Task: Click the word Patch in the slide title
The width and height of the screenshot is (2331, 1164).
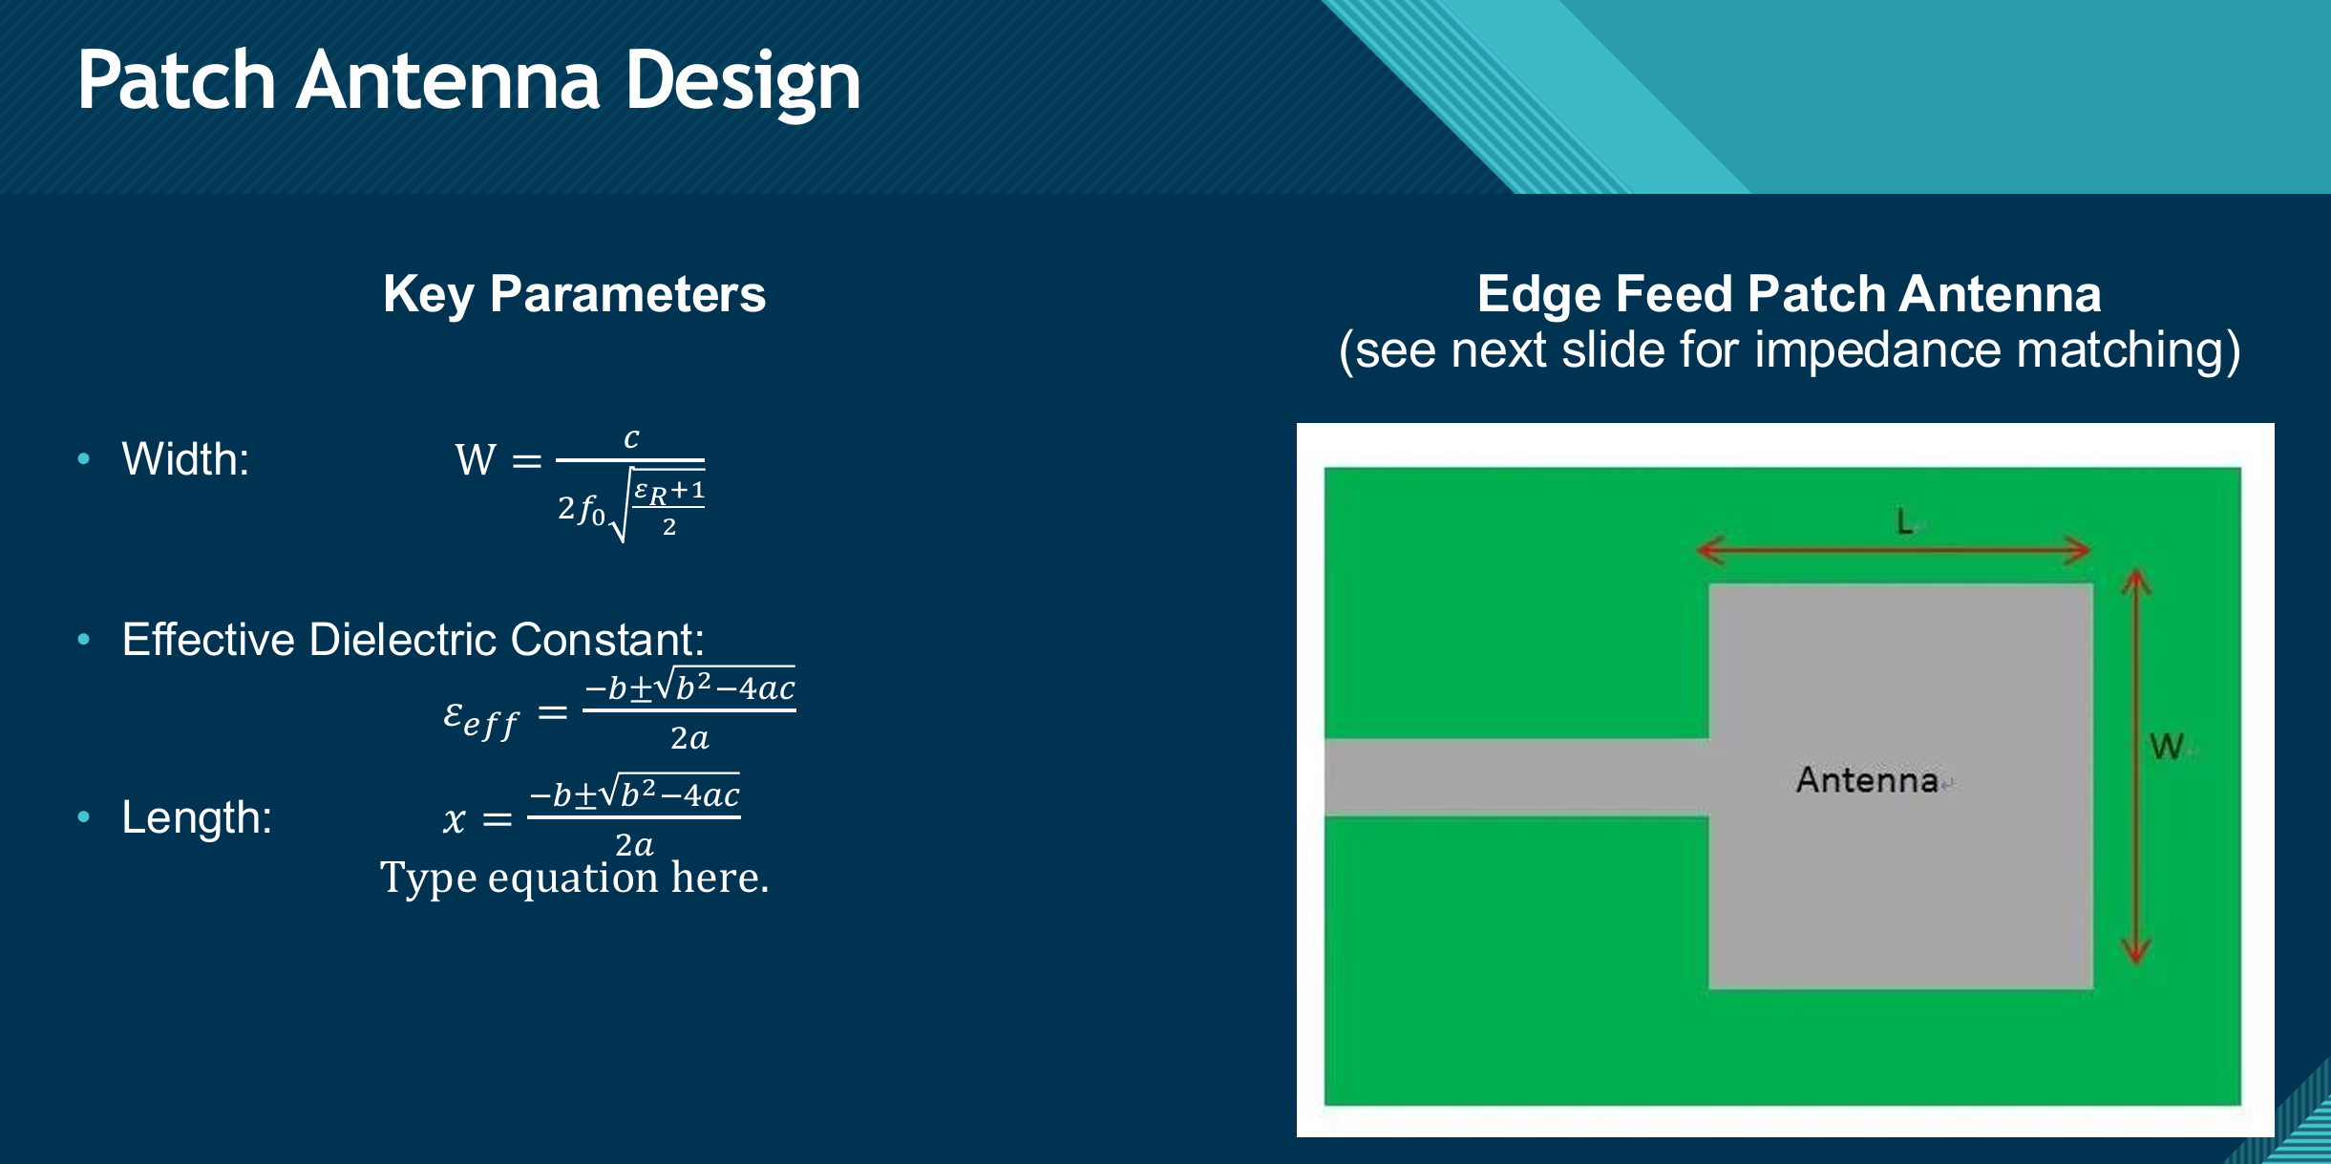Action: click(x=177, y=81)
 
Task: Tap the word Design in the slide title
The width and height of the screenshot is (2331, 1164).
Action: click(x=743, y=83)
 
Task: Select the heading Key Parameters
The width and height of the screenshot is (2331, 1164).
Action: click(x=574, y=293)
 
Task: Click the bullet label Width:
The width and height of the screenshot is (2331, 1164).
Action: click(x=185, y=459)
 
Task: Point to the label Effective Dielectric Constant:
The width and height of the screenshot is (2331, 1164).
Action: click(x=413, y=639)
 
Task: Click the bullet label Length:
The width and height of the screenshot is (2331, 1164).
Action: click(x=197, y=817)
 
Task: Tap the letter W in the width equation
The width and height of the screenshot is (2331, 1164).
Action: click(x=476, y=460)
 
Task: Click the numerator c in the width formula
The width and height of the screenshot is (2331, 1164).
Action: click(x=631, y=438)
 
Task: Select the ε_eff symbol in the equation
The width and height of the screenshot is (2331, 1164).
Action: click(x=480, y=717)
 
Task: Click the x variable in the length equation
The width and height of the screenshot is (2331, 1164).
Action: click(x=455, y=819)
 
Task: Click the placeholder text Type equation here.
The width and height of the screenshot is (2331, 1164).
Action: click(x=574, y=877)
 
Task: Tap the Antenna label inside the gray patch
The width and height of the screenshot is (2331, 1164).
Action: click(x=1867, y=779)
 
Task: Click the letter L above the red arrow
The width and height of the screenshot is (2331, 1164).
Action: click(x=1904, y=521)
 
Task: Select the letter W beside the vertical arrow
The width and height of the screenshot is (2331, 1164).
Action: click(x=2167, y=746)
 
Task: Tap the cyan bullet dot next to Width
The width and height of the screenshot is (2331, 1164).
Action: click(x=84, y=459)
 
